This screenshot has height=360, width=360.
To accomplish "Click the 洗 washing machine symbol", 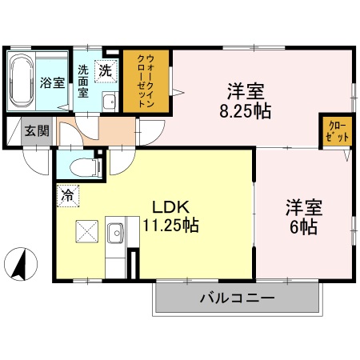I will (106, 70).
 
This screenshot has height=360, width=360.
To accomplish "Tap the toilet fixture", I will (83, 166).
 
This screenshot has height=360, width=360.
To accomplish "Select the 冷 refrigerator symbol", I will (66, 193).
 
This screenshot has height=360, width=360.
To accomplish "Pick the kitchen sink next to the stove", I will (114, 233).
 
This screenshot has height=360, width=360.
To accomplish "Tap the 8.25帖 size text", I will (245, 110).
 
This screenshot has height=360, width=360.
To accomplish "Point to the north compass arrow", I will (23, 263).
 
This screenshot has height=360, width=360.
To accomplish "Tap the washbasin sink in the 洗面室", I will (110, 102).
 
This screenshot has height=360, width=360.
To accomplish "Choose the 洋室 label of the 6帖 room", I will (305, 206).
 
